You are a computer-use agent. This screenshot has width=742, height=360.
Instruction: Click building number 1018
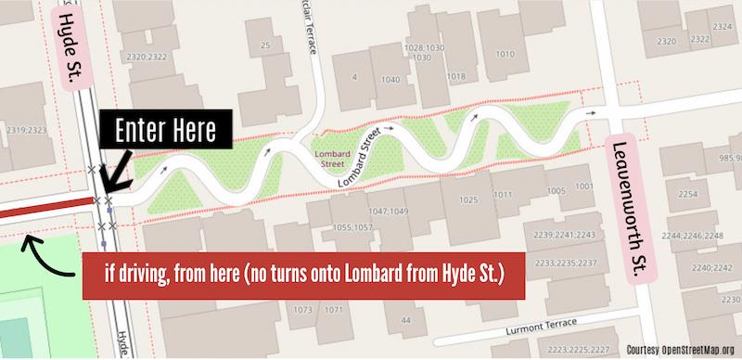[x=454, y=76]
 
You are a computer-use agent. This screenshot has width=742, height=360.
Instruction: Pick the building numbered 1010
[x=505, y=54]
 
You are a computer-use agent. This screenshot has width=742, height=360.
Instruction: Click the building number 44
[x=406, y=320]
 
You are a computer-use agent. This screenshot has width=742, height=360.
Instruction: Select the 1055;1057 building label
[x=353, y=225]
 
